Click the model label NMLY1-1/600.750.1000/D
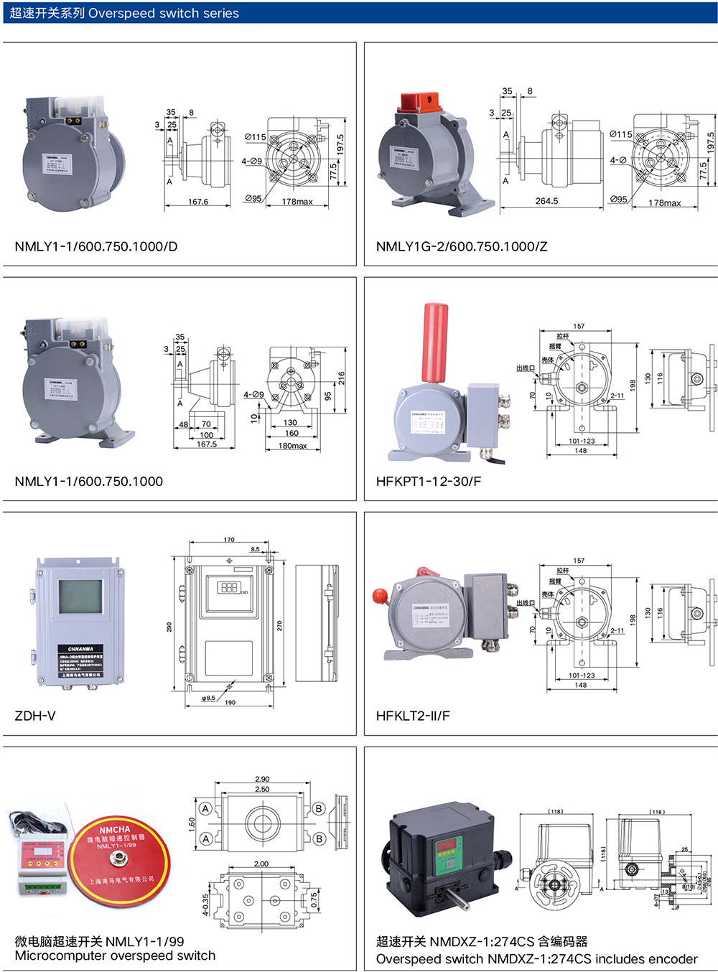click(96, 246)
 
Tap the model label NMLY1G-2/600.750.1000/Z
click(462, 246)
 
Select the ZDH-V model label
click(35, 716)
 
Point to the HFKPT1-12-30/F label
click(429, 481)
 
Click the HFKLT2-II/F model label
click(413, 716)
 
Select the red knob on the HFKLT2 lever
click(379, 595)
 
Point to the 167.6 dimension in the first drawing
click(198, 202)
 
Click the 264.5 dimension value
click(546, 201)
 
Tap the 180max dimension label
click(292, 446)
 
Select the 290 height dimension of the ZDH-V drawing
click(169, 626)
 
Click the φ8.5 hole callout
click(208, 698)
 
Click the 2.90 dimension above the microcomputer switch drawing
click(262, 779)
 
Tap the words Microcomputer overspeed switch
click(115, 955)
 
